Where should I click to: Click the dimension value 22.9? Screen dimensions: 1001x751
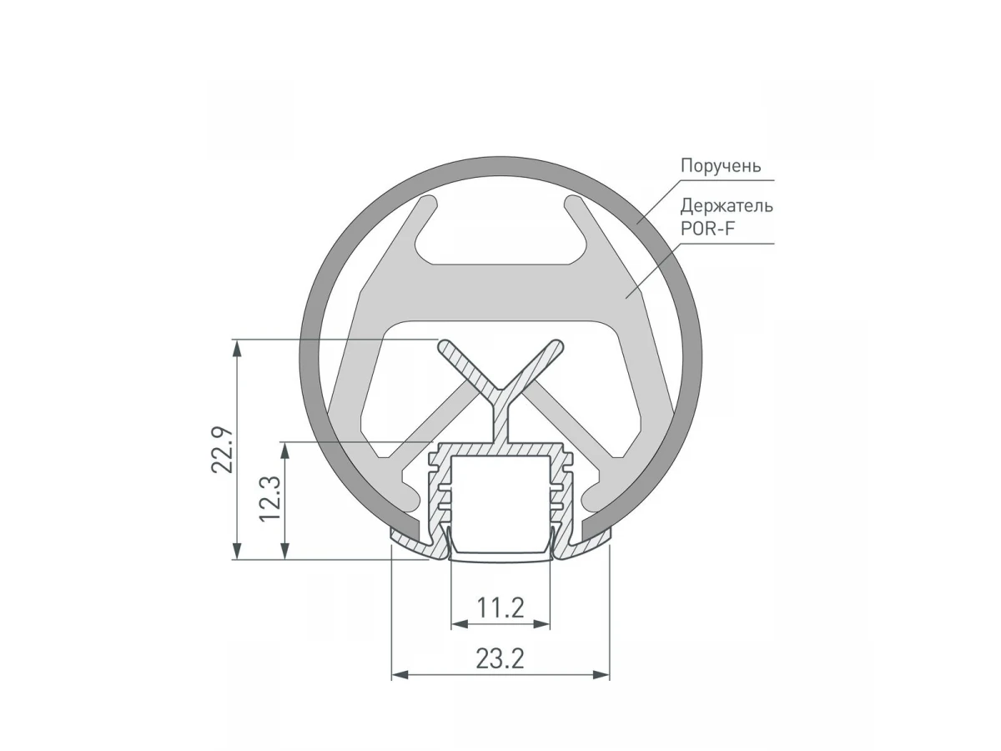coord(223,450)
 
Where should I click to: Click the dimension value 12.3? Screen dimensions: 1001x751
coord(270,498)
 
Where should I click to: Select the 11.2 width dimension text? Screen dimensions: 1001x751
coord(500,607)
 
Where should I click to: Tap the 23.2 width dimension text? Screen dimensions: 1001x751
coord(500,658)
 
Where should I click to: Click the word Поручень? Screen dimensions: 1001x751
coord(721,166)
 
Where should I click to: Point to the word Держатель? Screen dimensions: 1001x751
coord(727,206)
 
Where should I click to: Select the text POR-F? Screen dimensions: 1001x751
coord(707,229)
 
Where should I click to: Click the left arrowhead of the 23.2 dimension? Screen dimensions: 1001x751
coord(400,675)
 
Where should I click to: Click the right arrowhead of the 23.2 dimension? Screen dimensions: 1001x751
coord(601,675)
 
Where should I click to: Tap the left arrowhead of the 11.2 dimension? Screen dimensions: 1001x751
coord(460,624)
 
